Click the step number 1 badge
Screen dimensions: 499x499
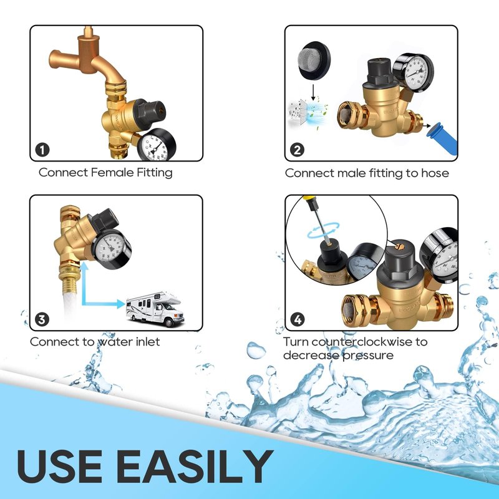coord(42,150)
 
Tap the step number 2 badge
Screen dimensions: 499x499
coord(298,150)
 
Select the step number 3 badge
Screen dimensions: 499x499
coord(42,319)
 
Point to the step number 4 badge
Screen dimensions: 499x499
coord(298,319)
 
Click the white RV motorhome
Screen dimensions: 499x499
coord(155,309)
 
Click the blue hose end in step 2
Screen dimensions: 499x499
coord(442,138)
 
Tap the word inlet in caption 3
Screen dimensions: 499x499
coord(148,342)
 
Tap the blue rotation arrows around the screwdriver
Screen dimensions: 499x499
coord(322,230)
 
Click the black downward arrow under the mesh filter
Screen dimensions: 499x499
coord(314,92)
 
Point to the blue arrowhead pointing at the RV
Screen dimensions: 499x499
coord(121,304)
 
